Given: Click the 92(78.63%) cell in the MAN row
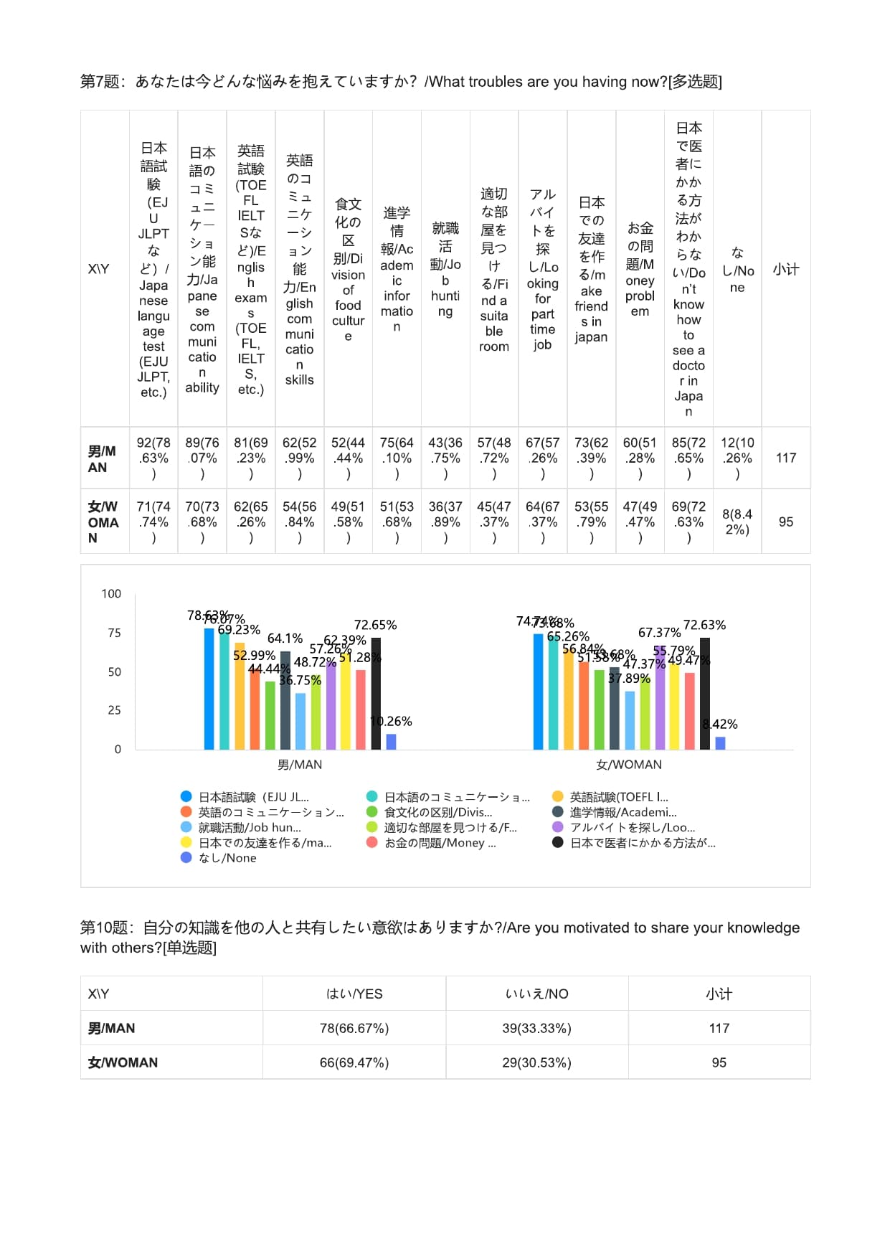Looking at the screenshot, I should [153, 458].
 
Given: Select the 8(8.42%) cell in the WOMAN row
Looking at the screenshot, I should [737, 522].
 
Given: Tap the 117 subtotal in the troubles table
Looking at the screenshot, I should [786, 458].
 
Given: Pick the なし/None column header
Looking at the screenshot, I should [737, 270].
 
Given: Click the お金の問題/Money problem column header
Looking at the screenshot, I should [640, 270].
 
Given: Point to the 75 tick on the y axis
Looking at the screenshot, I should [114, 633].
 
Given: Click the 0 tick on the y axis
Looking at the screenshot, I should [118, 749].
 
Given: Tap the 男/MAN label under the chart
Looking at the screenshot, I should [300, 765].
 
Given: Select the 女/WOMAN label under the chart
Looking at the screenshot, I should [629, 765].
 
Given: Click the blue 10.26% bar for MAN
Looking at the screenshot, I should [391, 742].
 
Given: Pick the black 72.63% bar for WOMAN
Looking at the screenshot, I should [705, 693].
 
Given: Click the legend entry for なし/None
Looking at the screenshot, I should [227, 858].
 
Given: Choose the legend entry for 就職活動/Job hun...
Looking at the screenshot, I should [249, 828].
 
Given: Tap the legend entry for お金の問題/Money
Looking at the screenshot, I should [439, 843].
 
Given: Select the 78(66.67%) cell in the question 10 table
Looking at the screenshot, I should [354, 1028].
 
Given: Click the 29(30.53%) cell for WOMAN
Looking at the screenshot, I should [536, 1062].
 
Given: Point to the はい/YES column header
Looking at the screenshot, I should [354, 994].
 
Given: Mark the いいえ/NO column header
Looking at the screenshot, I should [536, 994].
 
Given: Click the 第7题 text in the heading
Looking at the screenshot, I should [100, 82].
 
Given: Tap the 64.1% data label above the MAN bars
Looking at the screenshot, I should [285, 638].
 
